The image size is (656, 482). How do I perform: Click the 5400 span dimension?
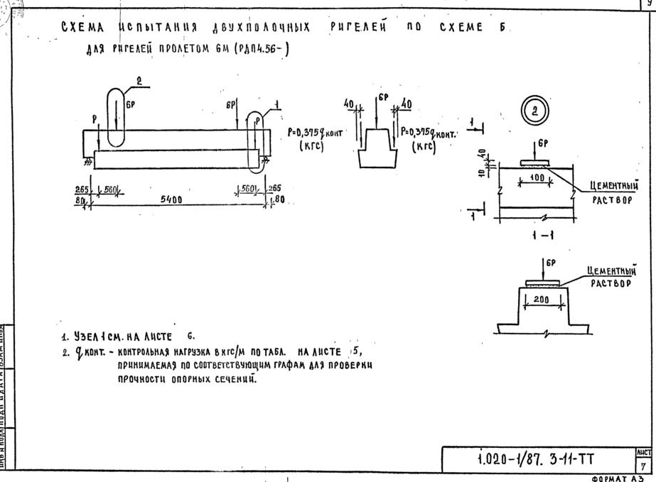(x=171, y=200)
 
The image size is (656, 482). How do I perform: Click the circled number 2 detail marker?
(x=533, y=111)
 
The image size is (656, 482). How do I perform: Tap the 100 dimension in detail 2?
(x=536, y=175)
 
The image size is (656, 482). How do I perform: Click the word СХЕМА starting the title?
(x=83, y=28)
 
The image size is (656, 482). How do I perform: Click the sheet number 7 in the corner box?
(x=644, y=465)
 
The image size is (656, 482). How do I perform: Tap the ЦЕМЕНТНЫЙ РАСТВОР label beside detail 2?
(x=613, y=192)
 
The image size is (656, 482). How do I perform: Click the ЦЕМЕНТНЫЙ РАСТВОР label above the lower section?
(x=611, y=276)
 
